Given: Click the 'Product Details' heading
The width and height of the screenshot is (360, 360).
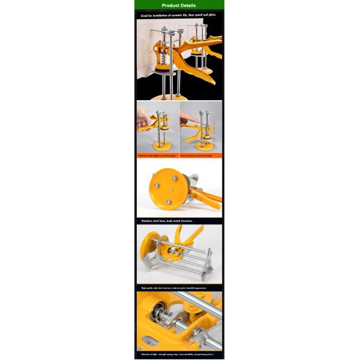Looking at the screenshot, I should [179, 5].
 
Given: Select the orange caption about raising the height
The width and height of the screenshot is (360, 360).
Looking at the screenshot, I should [157, 155].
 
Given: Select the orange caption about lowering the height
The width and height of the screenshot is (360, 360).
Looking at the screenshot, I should [200, 155].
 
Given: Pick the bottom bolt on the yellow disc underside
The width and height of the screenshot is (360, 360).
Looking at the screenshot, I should [169, 202].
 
